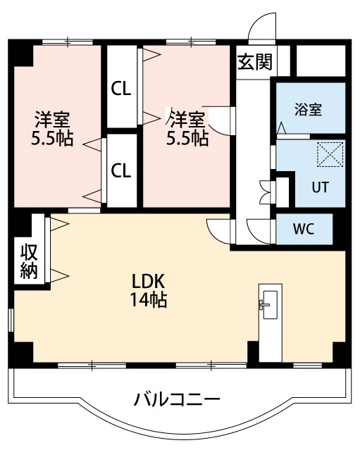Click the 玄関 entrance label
tap(255, 62)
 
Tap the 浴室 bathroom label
tap(309, 109)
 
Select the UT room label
tap(320, 187)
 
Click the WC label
tap(304, 229)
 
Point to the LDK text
tap(148, 281)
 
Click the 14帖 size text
tap(149, 299)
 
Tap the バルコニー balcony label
tap(177, 400)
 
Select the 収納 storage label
tap(29, 261)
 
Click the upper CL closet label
tap(121, 89)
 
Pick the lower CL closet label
tap(121, 170)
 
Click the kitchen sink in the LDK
tap(270, 305)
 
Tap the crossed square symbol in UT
tap(330, 155)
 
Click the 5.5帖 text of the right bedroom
tap(187, 139)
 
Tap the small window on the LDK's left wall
tap(11, 320)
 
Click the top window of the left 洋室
tap(68, 42)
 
